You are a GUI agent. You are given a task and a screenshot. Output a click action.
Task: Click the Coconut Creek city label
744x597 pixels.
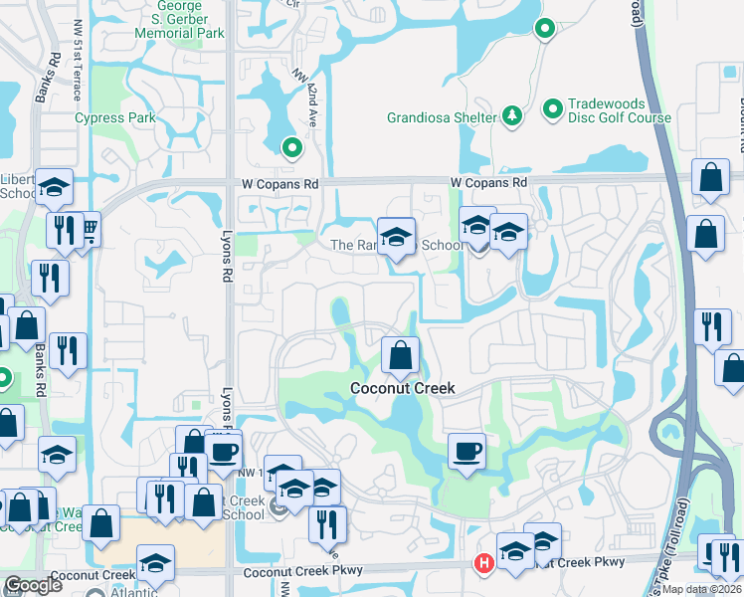pos(401,388)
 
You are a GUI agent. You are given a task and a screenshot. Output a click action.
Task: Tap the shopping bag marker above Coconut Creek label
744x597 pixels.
pos(400,355)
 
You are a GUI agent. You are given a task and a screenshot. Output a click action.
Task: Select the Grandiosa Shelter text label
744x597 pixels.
pos(441,117)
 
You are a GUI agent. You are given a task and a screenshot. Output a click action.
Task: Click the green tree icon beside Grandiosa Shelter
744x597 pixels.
pos(512,116)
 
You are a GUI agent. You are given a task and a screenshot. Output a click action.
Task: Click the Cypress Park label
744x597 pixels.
pos(115,117)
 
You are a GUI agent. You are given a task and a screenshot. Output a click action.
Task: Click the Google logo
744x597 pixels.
pos(33,585)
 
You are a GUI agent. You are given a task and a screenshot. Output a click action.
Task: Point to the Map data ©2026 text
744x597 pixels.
pos(703,589)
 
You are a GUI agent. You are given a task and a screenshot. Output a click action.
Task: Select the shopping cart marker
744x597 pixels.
pos(87,230)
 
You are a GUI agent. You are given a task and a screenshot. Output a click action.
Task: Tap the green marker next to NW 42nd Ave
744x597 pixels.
pos(291,149)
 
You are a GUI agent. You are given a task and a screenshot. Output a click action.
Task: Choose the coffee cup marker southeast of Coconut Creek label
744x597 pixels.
pos(466,452)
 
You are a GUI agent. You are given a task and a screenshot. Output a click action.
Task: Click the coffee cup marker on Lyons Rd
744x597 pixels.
pos(223,450)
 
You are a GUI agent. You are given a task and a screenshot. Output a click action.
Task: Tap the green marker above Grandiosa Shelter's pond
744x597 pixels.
pos(544,30)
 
